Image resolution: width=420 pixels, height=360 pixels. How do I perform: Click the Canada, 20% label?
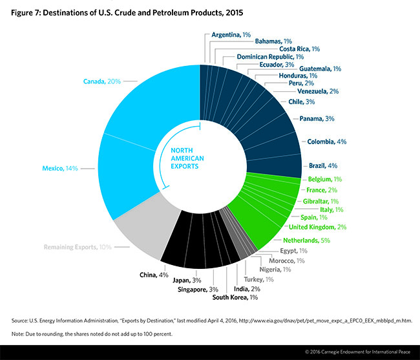coord(101,81)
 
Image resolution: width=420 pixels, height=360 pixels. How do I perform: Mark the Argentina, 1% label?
coord(231,34)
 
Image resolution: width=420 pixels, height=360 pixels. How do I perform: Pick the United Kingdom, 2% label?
coord(319,226)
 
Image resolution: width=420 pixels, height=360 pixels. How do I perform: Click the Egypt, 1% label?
coord(295,250)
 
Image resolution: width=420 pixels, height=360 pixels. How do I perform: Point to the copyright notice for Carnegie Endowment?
coord(355,351)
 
